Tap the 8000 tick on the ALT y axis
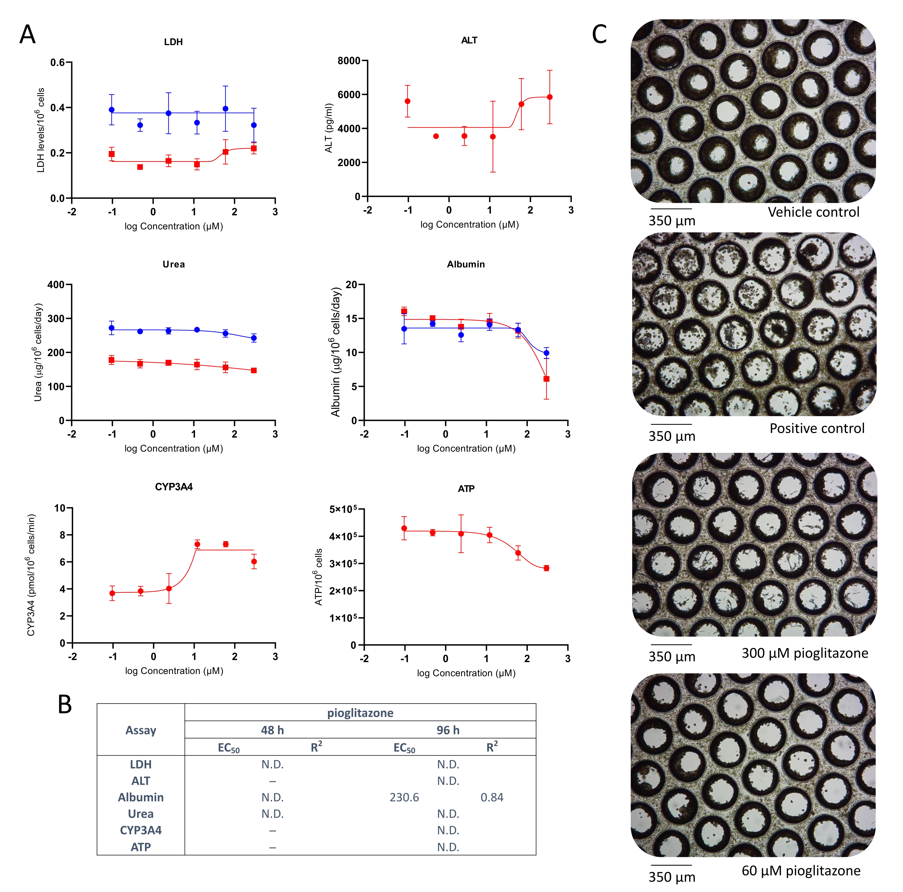click(349, 61)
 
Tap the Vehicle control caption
click(813, 212)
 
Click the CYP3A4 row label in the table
click(141, 830)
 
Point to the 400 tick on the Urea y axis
click(56, 285)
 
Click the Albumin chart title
click(466, 264)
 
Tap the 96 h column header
click(448, 730)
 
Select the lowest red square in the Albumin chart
click(546, 379)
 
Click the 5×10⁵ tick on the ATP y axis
click(343, 509)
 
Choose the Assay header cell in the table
click(141, 730)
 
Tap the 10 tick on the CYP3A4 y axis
click(60, 508)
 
